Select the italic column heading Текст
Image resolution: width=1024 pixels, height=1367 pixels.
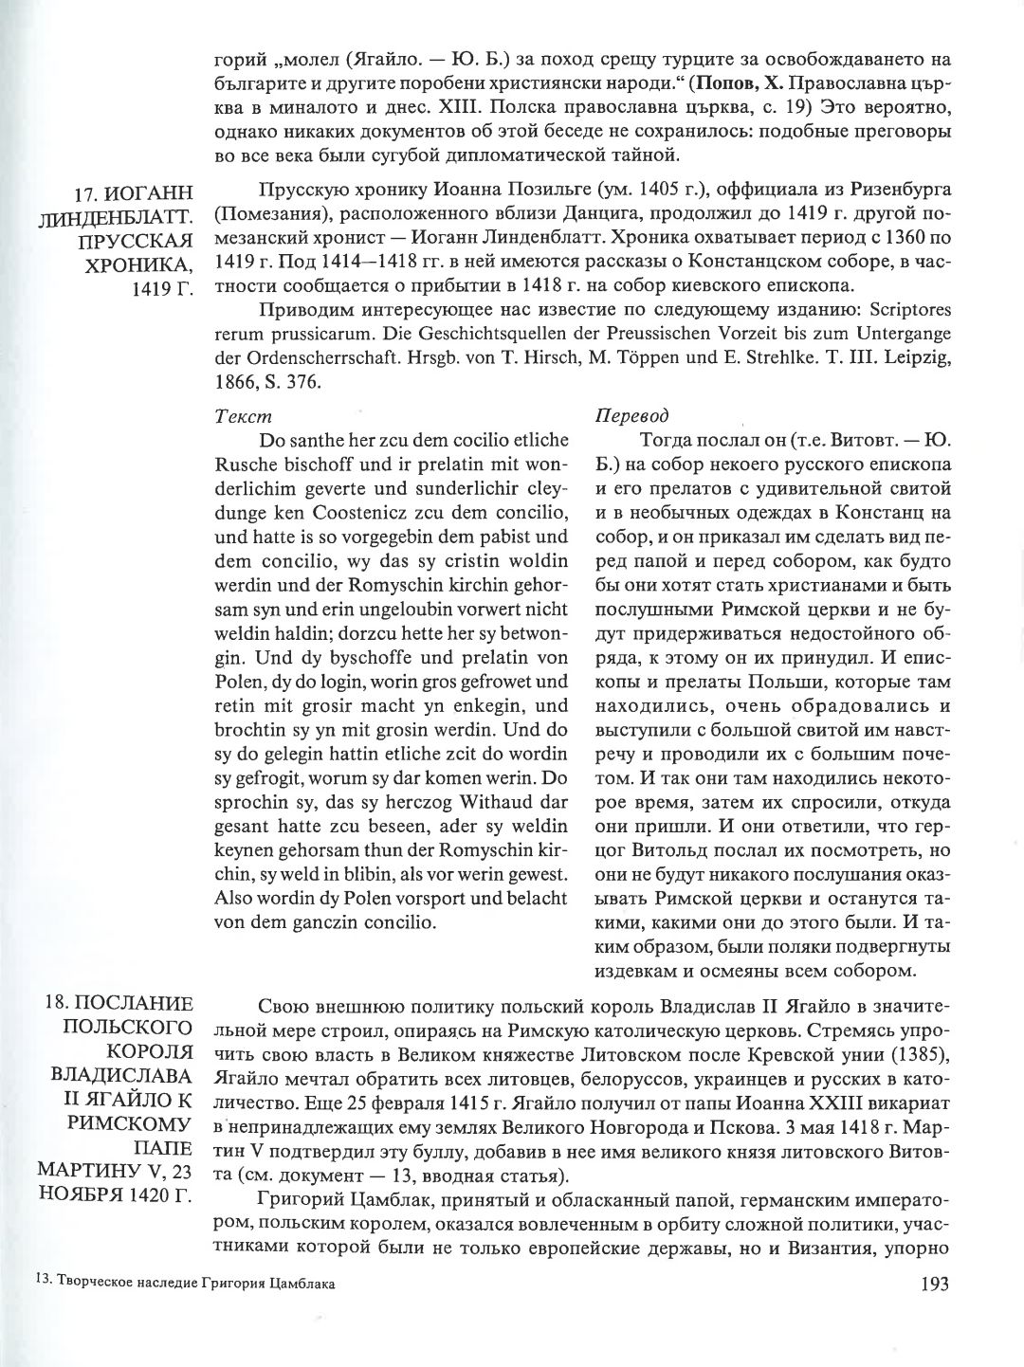coord(243,415)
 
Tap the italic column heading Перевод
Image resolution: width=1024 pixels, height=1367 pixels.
coord(631,415)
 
